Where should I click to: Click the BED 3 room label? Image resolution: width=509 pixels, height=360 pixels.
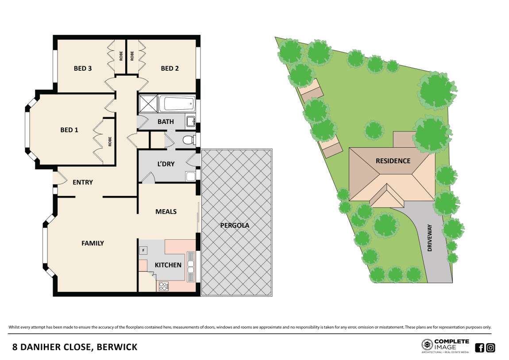tap(83, 69)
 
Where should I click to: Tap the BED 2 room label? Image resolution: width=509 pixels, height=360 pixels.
tap(170, 69)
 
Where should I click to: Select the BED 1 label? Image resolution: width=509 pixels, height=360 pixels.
tap(69, 130)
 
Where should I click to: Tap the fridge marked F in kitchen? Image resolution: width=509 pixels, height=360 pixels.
tap(143, 251)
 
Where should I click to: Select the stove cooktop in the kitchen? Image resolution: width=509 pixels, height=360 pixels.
tap(163, 286)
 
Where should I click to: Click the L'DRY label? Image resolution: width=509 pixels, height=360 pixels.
tap(166, 164)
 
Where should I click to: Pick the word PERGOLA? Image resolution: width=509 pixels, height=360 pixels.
tap(235, 225)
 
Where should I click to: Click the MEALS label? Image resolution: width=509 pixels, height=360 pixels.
tap(166, 211)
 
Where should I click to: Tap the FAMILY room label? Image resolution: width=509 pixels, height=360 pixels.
tap(93, 243)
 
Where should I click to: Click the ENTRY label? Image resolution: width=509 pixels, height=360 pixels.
tap(83, 182)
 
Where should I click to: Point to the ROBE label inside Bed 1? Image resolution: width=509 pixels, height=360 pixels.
tap(109, 142)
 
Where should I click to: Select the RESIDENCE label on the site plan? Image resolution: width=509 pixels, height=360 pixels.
tap(393, 161)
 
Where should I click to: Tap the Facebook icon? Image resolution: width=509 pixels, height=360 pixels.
tap(479, 348)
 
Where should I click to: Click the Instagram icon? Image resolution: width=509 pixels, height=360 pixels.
tap(490, 348)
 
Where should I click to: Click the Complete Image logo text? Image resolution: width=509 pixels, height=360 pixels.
tap(451, 344)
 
